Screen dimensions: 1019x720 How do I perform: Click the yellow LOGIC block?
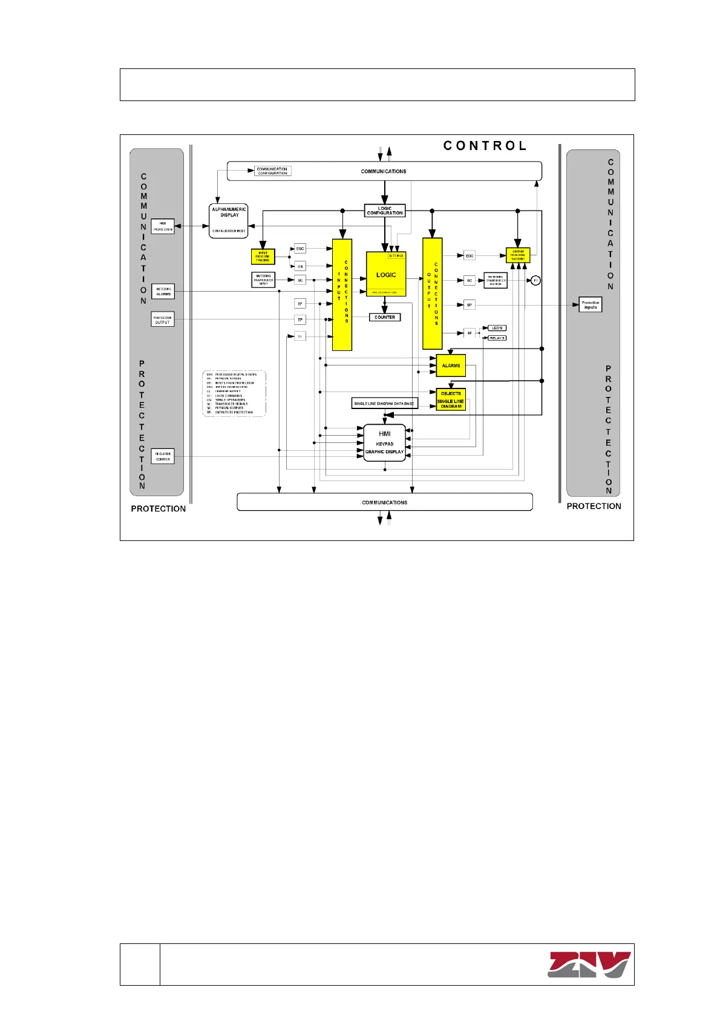tap(386, 275)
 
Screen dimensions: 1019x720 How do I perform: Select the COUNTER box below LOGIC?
tap(385, 317)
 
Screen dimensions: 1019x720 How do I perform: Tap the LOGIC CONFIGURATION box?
tap(385, 211)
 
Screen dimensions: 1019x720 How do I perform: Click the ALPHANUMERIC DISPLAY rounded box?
tap(229, 221)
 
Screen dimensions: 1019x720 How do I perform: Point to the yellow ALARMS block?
tap(451, 365)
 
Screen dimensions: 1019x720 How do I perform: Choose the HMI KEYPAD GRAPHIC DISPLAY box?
tap(385, 443)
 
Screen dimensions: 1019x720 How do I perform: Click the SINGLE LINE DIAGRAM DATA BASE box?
tap(384, 404)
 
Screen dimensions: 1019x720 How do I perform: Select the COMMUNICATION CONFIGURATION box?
tap(272, 171)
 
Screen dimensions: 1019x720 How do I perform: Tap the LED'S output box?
tap(497, 328)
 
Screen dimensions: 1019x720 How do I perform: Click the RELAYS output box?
tap(497, 338)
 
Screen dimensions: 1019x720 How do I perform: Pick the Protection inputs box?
tap(591, 305)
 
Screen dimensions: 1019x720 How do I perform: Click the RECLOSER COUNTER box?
tap(163, 456)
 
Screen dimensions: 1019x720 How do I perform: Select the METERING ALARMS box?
tap(163, 292)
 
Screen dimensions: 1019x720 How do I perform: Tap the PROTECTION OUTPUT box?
tap(163, 319)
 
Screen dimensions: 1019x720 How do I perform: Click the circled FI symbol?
tap(535, 280)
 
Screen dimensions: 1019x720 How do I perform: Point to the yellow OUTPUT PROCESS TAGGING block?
tap(518, 255)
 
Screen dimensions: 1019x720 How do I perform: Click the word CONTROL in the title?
tap(485, 146)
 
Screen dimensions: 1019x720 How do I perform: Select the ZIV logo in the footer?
tap(589, 965)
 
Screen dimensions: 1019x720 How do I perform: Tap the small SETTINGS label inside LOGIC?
tap(396, 256)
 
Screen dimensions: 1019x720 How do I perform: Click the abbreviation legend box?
tap(234, 393)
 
